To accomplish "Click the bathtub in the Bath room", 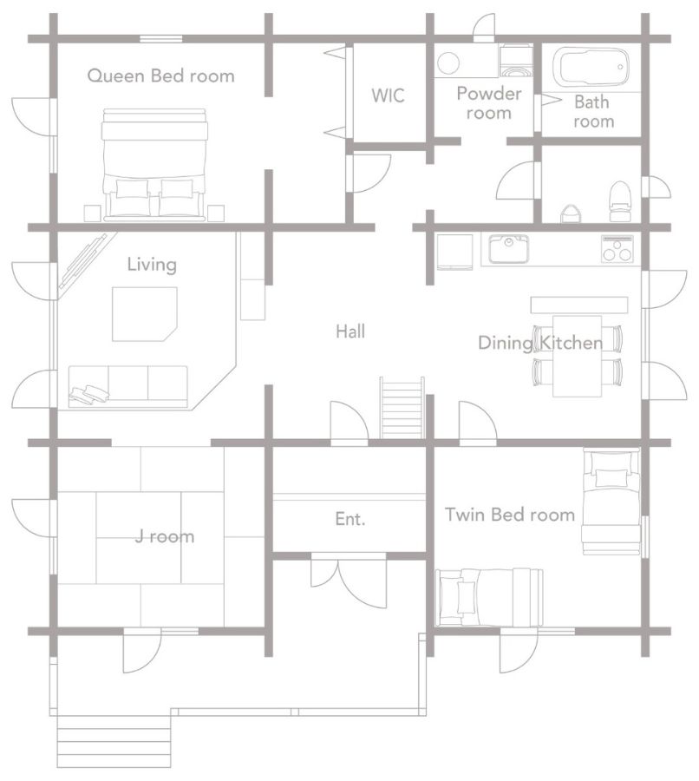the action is (591, 67).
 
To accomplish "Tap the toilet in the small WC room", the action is (620, 201).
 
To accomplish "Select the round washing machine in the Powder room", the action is (448, 63).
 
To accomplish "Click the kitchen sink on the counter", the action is (508, 248).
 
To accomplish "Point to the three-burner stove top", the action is (617, 248).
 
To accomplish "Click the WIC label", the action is (388, 95).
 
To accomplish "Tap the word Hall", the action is (350, 331).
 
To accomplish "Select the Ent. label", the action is (350, 519).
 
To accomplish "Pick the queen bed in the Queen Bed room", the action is (154, 165).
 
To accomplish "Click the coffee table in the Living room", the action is (144, 314).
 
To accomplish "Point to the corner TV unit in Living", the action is (83, 261).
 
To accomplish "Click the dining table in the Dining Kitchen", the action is (577, 356).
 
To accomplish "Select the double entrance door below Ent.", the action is (349, 581).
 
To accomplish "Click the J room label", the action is (165, 536).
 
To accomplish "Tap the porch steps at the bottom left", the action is (114, 742).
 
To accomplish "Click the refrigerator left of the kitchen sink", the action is (454, 252).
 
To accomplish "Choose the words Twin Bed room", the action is (510, 515).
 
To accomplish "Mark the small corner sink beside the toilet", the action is (571, 213).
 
